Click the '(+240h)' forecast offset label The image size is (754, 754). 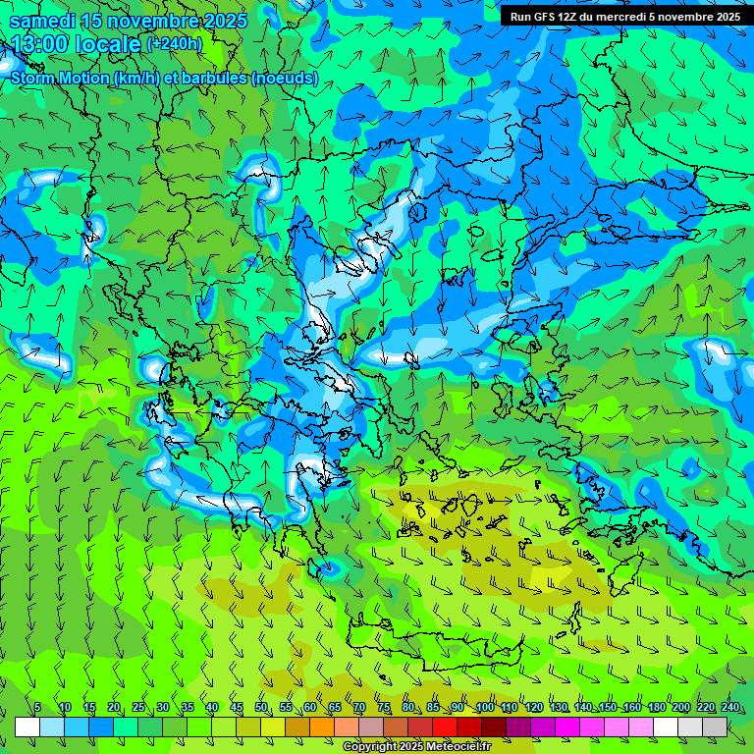coord(174,44)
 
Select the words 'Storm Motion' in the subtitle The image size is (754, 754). coord(59,78)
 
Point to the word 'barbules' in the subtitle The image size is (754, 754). coord(210,78)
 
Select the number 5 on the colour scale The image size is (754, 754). coord(37,708)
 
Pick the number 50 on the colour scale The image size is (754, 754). coord(261,708)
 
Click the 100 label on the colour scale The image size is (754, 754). coord(485,708)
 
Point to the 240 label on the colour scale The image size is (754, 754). coord(730,708)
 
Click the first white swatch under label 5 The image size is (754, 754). coord(27,727)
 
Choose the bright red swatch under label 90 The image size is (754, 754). coord(445,727)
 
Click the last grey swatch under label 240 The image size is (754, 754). coord(715,727)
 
